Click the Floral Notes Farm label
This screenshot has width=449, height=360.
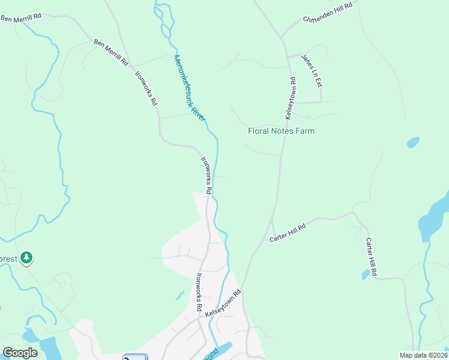pyautogui.click(x=281, y=131)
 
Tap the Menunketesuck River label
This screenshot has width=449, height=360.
pyautogui.click(x=190, y=88)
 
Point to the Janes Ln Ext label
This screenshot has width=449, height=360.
pyautogui.click(x=312, y=70)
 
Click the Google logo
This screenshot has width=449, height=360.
pyautogui.click(x=20, y=352)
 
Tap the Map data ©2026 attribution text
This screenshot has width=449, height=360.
pyautogui.click(x=422, y=355)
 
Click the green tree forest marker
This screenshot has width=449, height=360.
pyautogui.click(x=26, y=258)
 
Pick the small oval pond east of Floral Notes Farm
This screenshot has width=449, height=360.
pyautogui.click(x=413, y=143)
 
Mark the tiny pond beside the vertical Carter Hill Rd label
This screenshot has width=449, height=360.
pyautogui.click(x=366, y=274)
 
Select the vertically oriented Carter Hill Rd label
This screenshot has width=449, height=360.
pyautogui.click(x=372, y=257)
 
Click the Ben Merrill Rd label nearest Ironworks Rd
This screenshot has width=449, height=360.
pyautogui.click(x=112, y=52)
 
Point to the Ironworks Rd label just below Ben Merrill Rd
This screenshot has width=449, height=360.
pyautogui.click(x=146, y=89)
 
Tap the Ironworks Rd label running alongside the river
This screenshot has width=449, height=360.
pyautogui.click(x=206, y=175)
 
